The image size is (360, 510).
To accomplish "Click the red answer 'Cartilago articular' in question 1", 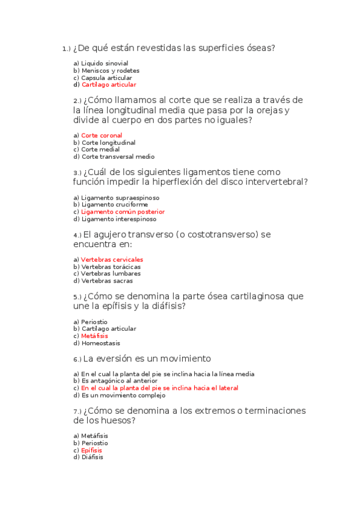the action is point(109,85).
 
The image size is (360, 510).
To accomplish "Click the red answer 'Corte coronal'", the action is point(102,135).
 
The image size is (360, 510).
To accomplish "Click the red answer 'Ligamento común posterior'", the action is point(123,212).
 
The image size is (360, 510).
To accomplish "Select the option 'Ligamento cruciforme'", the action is point(114,204).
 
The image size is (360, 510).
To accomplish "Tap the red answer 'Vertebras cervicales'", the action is point(112,260).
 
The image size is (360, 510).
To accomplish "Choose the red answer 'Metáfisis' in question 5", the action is point(94,336).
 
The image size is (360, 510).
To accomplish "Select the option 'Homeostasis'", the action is point(100,343).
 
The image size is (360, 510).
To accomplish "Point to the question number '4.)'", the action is point(78,235).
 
